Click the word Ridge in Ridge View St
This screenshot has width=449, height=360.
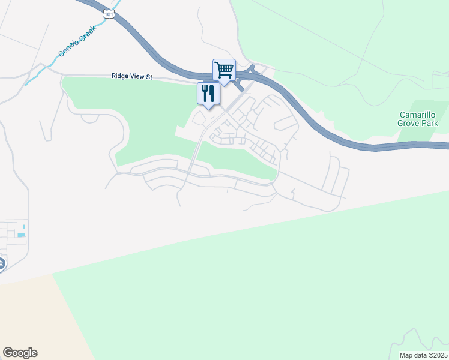(x=121, y=76)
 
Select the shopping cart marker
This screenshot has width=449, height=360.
(x=224, y=71)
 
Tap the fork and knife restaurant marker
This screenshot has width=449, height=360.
(x=208, y=94)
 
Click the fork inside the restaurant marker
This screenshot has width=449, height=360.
(x=205, y=92)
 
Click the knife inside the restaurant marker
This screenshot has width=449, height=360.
(x=212, y=92)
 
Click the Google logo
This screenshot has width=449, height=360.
(x=20, y=353)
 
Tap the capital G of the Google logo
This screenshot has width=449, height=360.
(x=7, y=353)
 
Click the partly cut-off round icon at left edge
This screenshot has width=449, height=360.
(x=2, y=263)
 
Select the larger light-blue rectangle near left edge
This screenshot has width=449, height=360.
(x=21, y=235)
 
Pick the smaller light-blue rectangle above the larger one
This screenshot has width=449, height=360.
(x=23, y=227)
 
